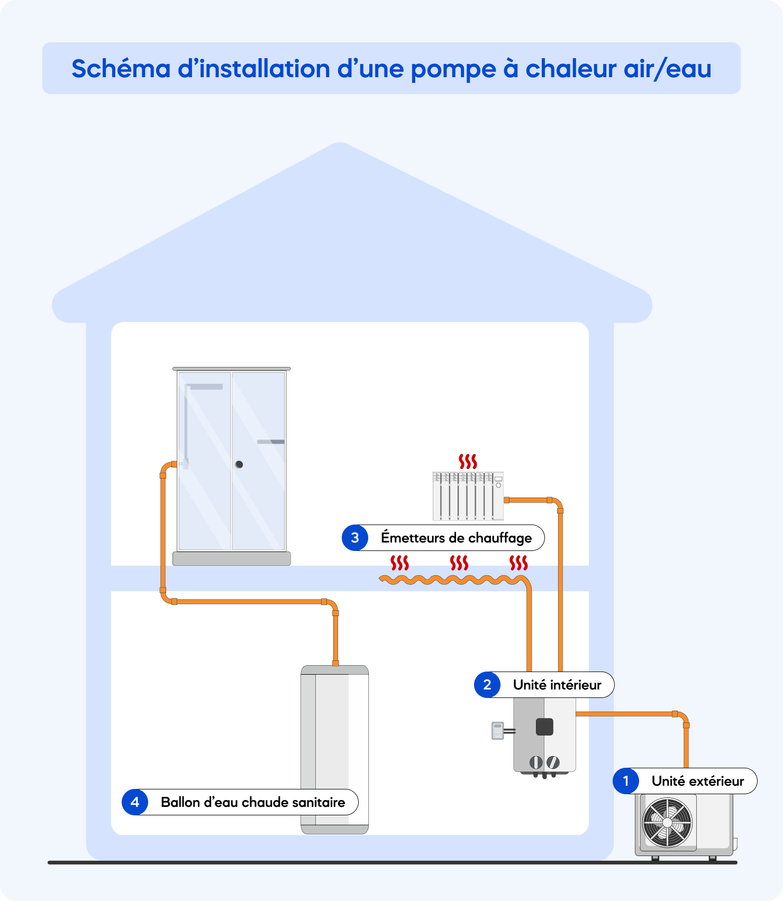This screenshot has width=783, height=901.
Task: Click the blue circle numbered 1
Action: pos(626,781)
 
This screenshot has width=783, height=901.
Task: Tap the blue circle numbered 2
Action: pos(487,685)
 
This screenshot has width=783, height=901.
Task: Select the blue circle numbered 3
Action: pos(355,538)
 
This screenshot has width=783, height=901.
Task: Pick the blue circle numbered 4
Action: pos(135,802)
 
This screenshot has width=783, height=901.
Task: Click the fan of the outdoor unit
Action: pos(667,823)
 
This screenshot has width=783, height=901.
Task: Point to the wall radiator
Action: pos(468,496)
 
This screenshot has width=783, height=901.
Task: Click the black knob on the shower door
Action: pos(239,464)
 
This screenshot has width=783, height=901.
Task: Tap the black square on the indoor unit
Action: pos(544,727)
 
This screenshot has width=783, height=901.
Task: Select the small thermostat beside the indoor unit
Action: pos(497,731)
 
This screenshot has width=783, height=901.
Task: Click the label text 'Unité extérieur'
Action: pos(697,781)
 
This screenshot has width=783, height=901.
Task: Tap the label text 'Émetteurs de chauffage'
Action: pos(456,538)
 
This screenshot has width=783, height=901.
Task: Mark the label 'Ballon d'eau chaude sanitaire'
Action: pos(253,802)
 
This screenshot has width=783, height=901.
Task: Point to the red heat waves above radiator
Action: pos(468,461)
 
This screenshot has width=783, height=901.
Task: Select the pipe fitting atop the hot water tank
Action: pos(335,663)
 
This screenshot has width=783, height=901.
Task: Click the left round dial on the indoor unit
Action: pos(536,762)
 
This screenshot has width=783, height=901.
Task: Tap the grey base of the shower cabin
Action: pos(232,558)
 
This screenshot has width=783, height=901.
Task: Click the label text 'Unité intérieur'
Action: pos(557,685)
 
